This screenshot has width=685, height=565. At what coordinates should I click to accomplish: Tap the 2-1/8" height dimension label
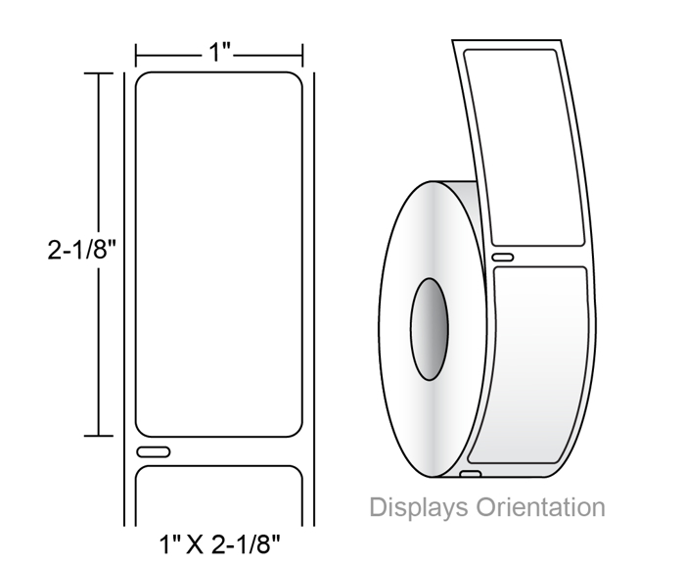pos(82,251)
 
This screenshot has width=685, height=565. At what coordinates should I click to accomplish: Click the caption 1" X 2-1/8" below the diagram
pos(219,544)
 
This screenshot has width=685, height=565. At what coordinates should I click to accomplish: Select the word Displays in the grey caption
pos(419,507)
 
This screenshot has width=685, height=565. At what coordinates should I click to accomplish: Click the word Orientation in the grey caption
pos(540,507)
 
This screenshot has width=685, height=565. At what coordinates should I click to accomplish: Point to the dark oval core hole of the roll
pos(430,329)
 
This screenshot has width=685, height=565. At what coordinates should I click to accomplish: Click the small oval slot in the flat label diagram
pos(154,451)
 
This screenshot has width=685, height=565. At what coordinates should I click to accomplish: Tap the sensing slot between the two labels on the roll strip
pos(503,258)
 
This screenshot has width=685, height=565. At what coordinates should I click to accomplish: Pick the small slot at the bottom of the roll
pos(471,474)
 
